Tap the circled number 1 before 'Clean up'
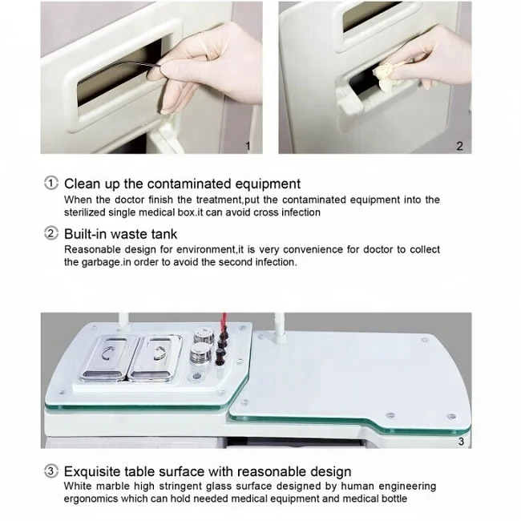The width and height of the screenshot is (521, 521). (51, 184)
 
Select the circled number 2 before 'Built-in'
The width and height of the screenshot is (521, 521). (51, 234)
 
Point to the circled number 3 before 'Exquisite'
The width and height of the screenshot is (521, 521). (51, 471)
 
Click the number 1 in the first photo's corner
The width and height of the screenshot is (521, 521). (248, 146)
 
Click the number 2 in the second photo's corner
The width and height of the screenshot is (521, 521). (459, 146)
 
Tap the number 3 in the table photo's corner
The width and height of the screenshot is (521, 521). (460, 440)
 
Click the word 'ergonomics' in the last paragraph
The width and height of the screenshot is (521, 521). (92, 499)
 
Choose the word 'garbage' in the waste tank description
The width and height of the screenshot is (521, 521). (100, 262)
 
